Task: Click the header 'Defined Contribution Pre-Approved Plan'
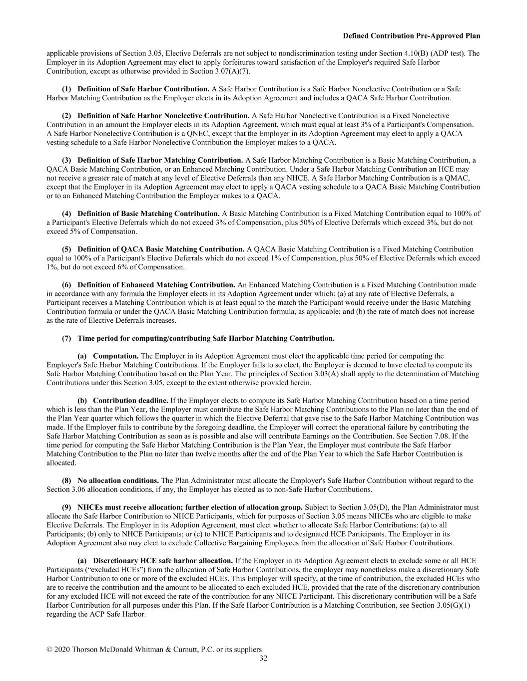[x=412, y=36]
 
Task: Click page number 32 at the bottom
[x=263, y=659]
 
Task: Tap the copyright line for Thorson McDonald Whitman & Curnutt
[x=154, y=649]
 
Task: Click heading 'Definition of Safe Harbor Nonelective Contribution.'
[x=163, y=116]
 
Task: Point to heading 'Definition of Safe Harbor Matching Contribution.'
[x=160, y=160]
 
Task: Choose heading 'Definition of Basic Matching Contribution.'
[x=148, y=214]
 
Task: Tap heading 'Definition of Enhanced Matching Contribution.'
[x=156, y=285]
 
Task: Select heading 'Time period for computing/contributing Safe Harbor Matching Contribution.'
[x=206, y=338]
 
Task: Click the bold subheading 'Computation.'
[x=116, y=356]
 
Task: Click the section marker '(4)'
[x=66, y=214]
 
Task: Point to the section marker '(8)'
[x=66, y=480]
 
